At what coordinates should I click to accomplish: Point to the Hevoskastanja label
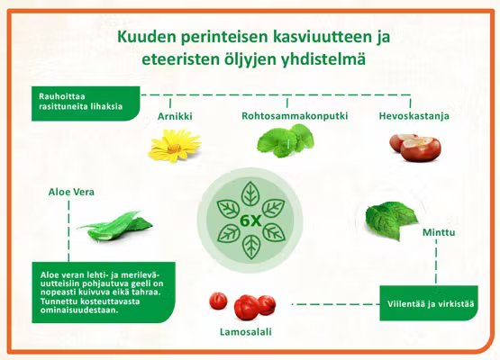coord(414,117)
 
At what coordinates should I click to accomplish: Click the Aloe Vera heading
coord(71,192)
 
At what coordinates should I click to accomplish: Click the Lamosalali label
coord(245,332)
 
